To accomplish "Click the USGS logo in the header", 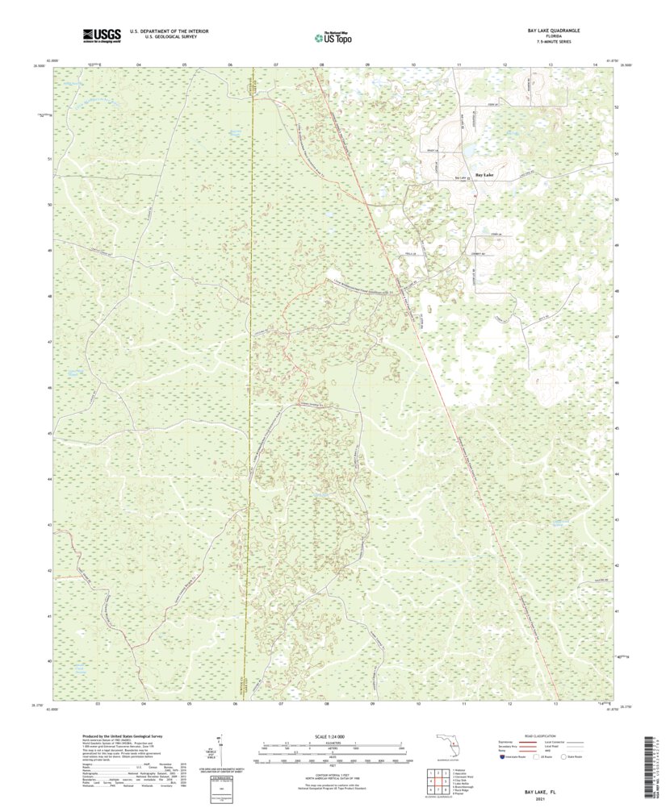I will click(x=101, y=35).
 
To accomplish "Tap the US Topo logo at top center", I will click(x=334, y=35).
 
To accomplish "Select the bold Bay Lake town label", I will click(x=484, y=175).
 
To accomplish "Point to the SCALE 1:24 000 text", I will click(x=334, y=735).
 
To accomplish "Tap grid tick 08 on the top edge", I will click(x=322, y=63).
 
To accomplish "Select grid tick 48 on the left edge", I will click(x=50, y=296).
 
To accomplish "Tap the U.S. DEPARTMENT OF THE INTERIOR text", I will click(x=163, y=31).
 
